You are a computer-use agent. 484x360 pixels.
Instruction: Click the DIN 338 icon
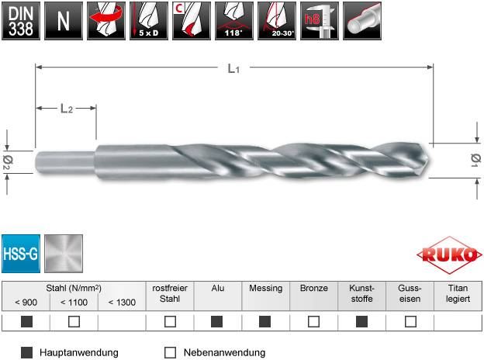21,21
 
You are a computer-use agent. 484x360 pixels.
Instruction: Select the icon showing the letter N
64,21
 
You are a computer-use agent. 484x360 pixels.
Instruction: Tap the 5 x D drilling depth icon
149,21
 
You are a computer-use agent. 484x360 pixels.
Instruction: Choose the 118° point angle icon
234,21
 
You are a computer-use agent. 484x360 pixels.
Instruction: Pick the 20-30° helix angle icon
277,21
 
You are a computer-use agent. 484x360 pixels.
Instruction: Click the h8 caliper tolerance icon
320,21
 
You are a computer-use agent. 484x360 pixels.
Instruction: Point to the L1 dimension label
233,68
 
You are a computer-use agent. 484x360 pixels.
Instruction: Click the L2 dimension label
67,109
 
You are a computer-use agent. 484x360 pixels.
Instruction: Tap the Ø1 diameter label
475,161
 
